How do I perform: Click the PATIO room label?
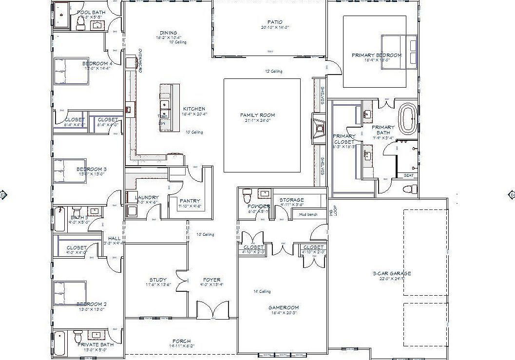(x=275, y=22)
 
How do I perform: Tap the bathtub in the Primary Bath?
(x=407, y=118)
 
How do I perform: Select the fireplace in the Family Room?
(x=319, y=129)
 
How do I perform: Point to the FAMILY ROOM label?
(x=257, y=115)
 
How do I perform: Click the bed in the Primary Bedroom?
(x=399, y=51)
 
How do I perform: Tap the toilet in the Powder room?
(x=247, y=196)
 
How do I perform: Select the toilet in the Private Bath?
(x=78, y=337)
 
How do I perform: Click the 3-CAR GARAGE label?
(x=391, y=273)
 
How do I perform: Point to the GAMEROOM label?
(x=283, y=307)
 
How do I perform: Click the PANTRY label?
(x=190, y=201)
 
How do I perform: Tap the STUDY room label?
(x=158, y=280)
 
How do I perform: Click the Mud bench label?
(x=308, y=214)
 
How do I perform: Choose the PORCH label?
(x=181, y=341)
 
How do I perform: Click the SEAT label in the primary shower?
(x=408, y=175)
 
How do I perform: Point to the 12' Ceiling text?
(x=273, y=71)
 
